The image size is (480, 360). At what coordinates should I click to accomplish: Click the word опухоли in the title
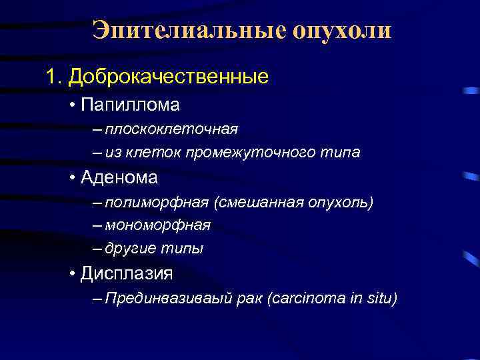tap(339, 31)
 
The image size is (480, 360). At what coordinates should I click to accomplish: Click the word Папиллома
tap(130, 105)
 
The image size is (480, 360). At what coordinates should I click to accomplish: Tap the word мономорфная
tap(157, 225)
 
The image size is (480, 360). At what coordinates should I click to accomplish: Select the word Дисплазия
tap(127, 273)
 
